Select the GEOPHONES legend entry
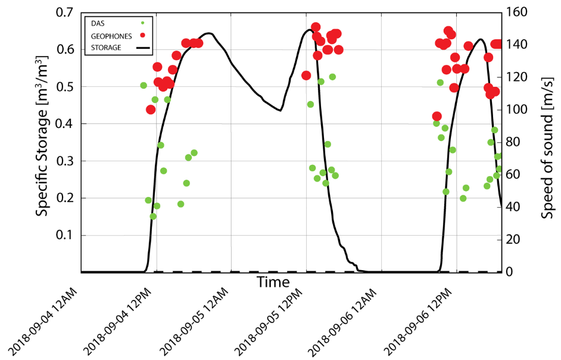(x=111, y=36)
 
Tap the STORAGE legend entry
(x=106, y=47)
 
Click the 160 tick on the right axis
(x=516, y=12)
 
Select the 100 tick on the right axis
(x=516, y=109)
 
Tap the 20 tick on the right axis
(x=513, y=240)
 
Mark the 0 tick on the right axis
(x=510, y=272)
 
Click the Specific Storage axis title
(x=42, y=142)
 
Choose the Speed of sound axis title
(x=548, y=142)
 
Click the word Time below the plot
(x=273, y=282)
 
